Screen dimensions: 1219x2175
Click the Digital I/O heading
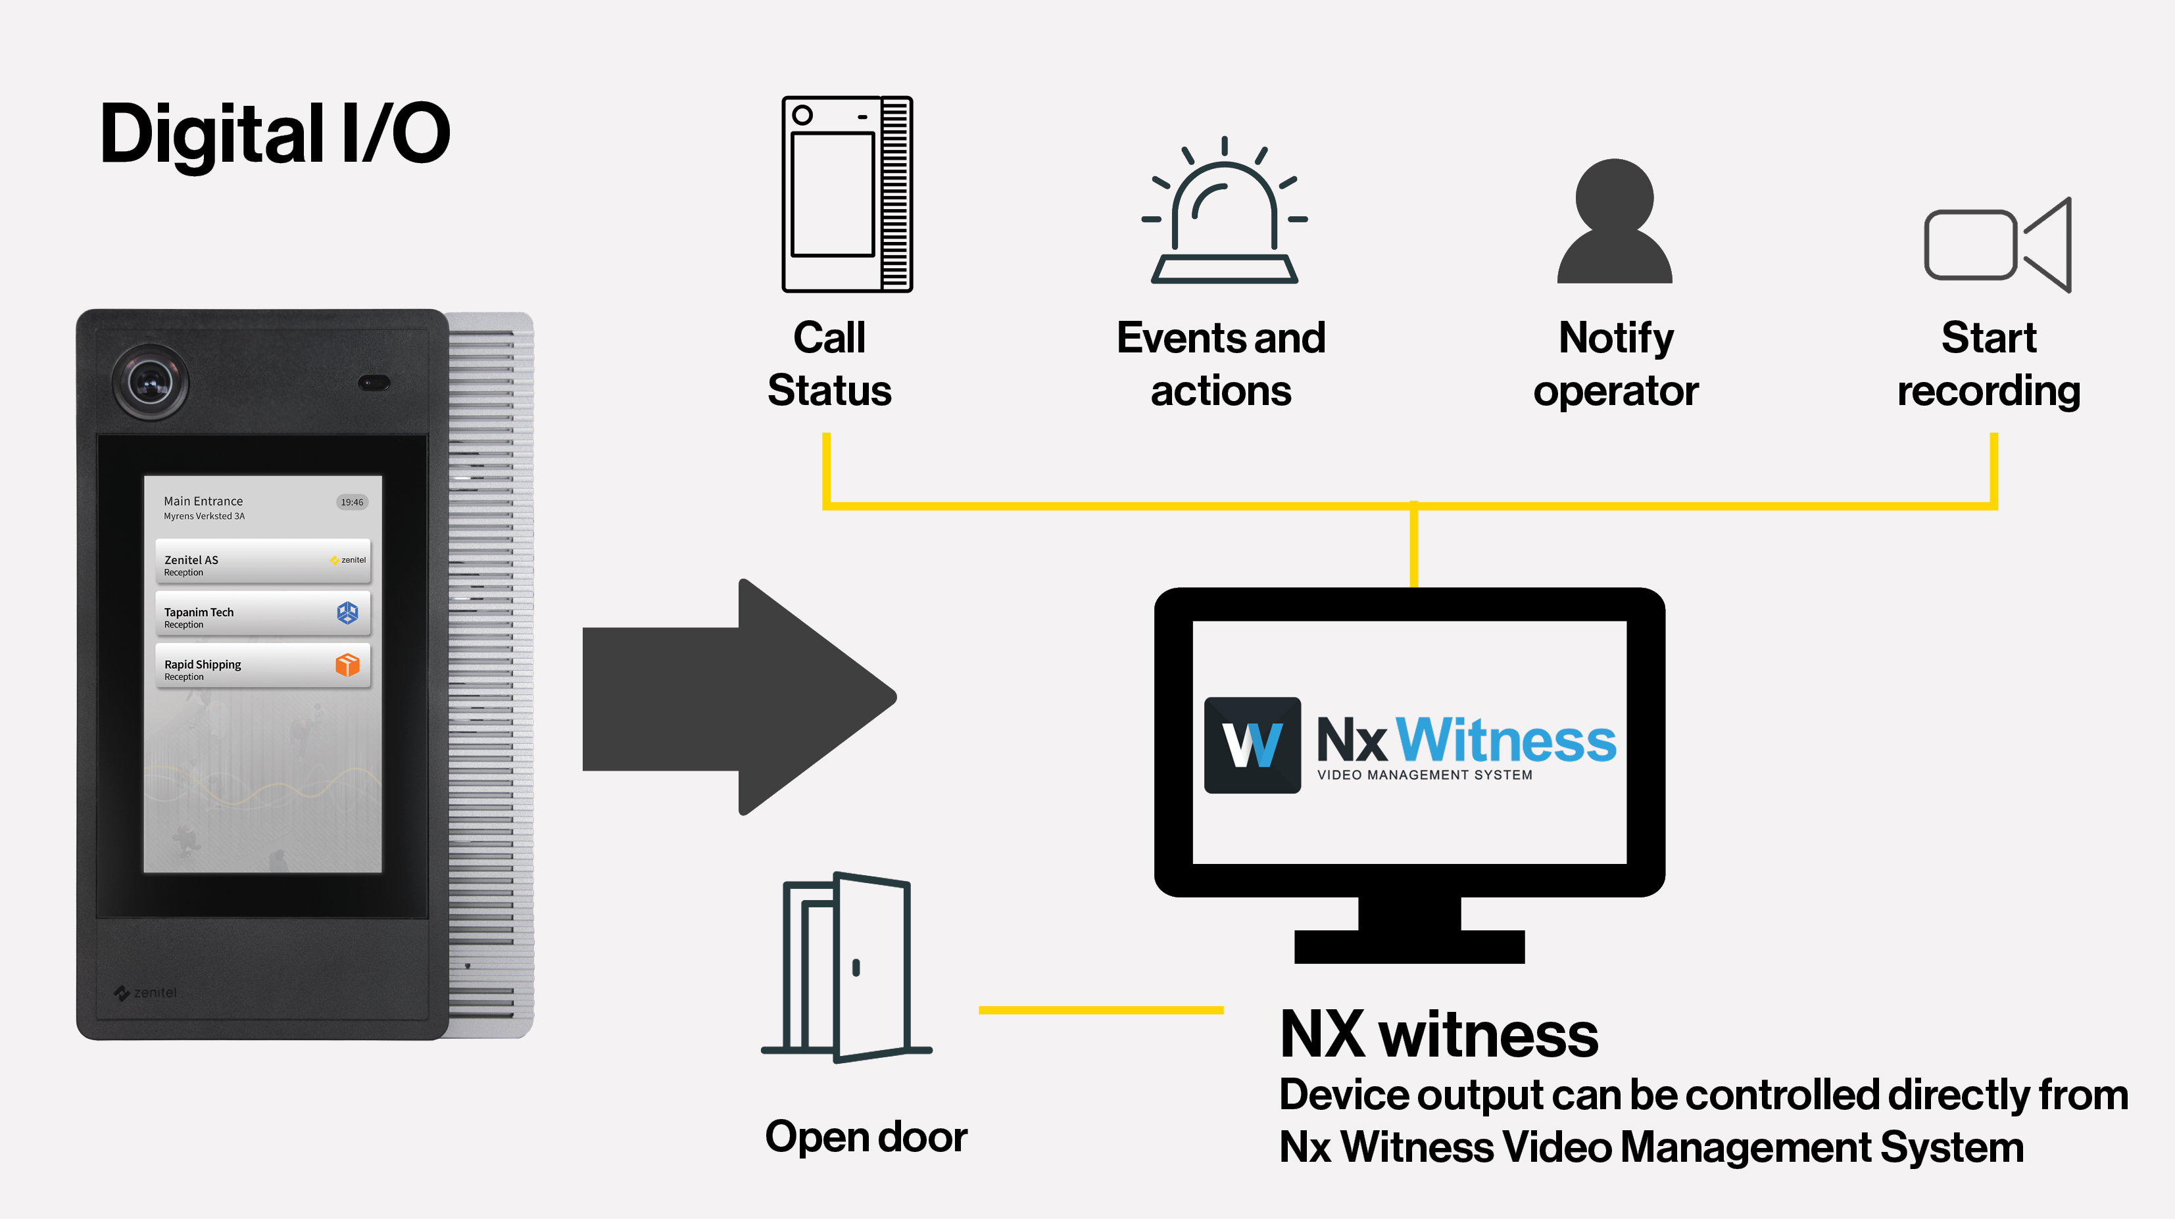click(x=274, y=133)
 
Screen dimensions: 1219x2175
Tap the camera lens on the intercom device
click(x=151, y=383)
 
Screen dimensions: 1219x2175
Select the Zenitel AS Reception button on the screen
click(x=262, y=562)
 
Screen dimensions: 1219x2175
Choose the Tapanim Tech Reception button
click(x=262, y=613)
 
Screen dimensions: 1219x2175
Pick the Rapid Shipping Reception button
click(x=262, y=666)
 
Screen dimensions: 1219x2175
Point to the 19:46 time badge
click(x=351, y=502)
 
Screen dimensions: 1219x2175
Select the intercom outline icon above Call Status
click(x=847, y=194)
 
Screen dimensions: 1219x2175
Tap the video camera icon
click(x=1997, y=245)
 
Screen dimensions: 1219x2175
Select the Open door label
click(x=866, y=1136)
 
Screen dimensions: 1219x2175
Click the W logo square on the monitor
click(x=1252, y=744)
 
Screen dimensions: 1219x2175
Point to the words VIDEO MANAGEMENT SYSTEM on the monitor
click(x=1425, y=775)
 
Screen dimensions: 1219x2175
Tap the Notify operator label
click(x=1615, y=364)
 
